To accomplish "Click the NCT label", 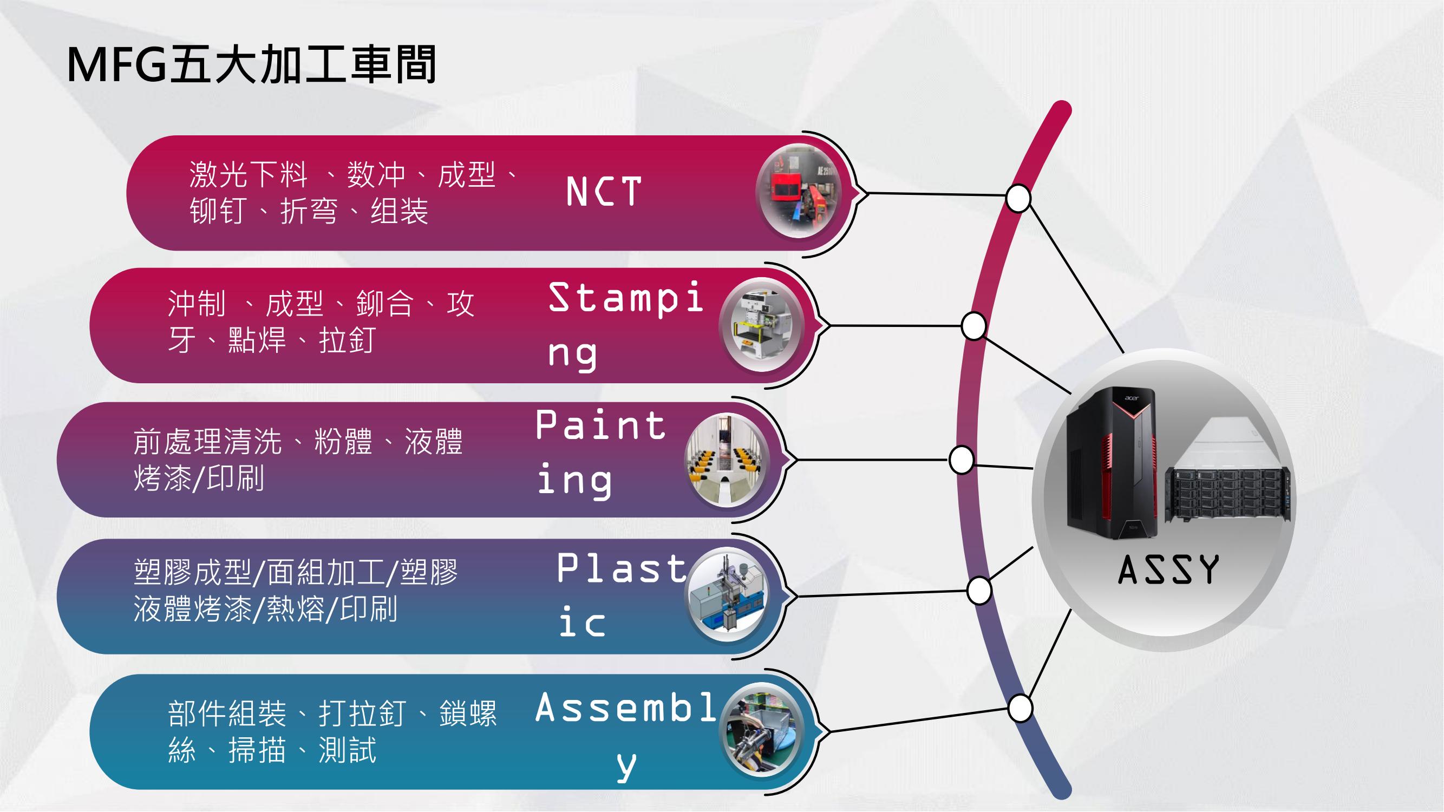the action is coord(604,191).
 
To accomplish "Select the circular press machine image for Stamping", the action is coord(762,324).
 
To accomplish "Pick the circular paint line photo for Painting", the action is coord(727,460).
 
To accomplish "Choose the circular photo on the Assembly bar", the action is coord(762,730).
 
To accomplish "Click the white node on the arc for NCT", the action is coord(1018,198).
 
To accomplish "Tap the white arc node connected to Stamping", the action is coord(973,325).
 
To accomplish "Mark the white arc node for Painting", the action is coord(962,460).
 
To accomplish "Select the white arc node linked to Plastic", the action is coord(979,590).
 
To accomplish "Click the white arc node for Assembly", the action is coord(1020,708).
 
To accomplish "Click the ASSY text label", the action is coord(1168,570).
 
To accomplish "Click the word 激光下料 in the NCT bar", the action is coord(249,174).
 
